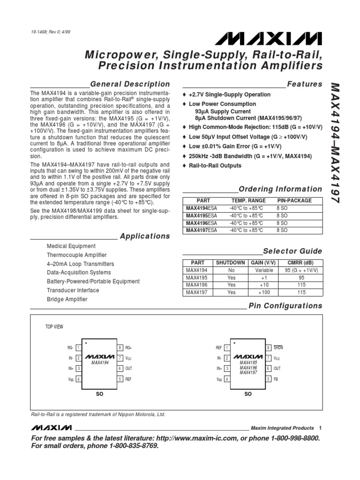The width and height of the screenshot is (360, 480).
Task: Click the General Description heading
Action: [x=130, y=84]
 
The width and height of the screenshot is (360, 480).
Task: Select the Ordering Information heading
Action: [x=280, y=189]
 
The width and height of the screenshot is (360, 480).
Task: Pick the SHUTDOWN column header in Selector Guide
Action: [x=230, y=263]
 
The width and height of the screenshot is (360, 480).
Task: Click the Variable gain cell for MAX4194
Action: [x=264, y=270]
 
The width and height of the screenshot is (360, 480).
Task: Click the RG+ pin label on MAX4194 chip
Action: [x=129, y=348]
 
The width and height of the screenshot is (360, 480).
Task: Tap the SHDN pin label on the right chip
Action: [x=278, y=348]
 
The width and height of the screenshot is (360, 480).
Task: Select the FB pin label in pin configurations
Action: [x=276, y=379]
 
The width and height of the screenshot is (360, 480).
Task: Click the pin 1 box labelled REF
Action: [x=227, y=348]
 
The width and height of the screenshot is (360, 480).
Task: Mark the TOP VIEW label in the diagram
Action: [x=54, y=327]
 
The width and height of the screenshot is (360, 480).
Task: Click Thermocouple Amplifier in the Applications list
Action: [x=77, y=255]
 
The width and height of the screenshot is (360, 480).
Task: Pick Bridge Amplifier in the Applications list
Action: [x=67, y=299]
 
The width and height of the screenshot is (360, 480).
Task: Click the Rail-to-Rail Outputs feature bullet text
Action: [x=215, y=165]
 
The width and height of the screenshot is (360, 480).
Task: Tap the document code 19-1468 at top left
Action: [x=40, y=32]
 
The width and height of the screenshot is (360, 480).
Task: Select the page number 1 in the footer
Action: [x=320, y=428]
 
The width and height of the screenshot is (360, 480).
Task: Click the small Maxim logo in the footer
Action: [x=52, y=428]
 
